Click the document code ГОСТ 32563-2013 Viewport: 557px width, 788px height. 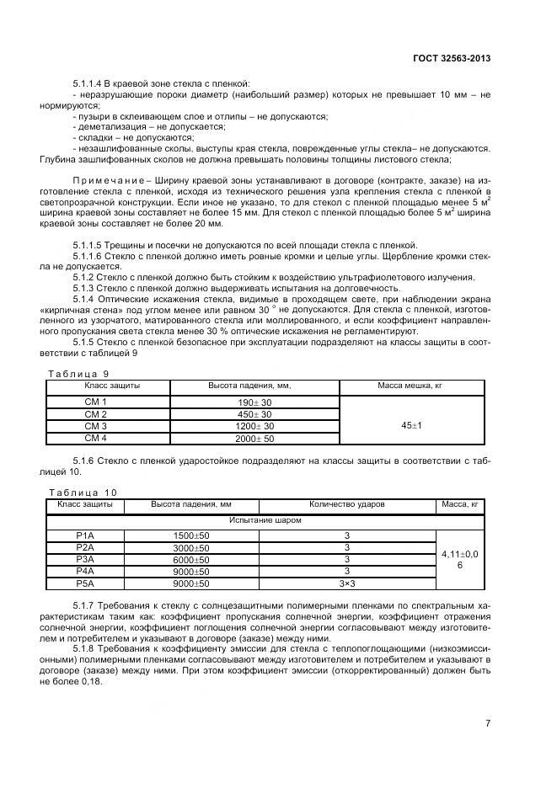pyautogui.click(x=453, y=58)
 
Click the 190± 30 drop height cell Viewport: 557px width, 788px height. pyautogui.click(x=254, y=403)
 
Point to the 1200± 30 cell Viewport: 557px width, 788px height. pyautogui.click(x=254, y=427)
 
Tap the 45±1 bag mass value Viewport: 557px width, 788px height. pyautogui.click(x=411, y=426)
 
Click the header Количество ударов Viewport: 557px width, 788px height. pyautogui.click(x=347, y=503)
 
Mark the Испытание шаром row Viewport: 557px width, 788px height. pyautogui.click(x=266, y=520)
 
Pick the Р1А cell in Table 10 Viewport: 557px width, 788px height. pyautogui.click(x=85, y=535)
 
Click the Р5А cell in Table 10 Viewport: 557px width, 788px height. pyautogui.click(x=85, y=583)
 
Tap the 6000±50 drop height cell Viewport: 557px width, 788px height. pyautogui.click(x=190, y=559)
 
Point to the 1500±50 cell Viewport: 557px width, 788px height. pyautogui.click(x=190, y=535)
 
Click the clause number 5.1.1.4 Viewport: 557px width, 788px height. pyautogui.click(x=89, y=83)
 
